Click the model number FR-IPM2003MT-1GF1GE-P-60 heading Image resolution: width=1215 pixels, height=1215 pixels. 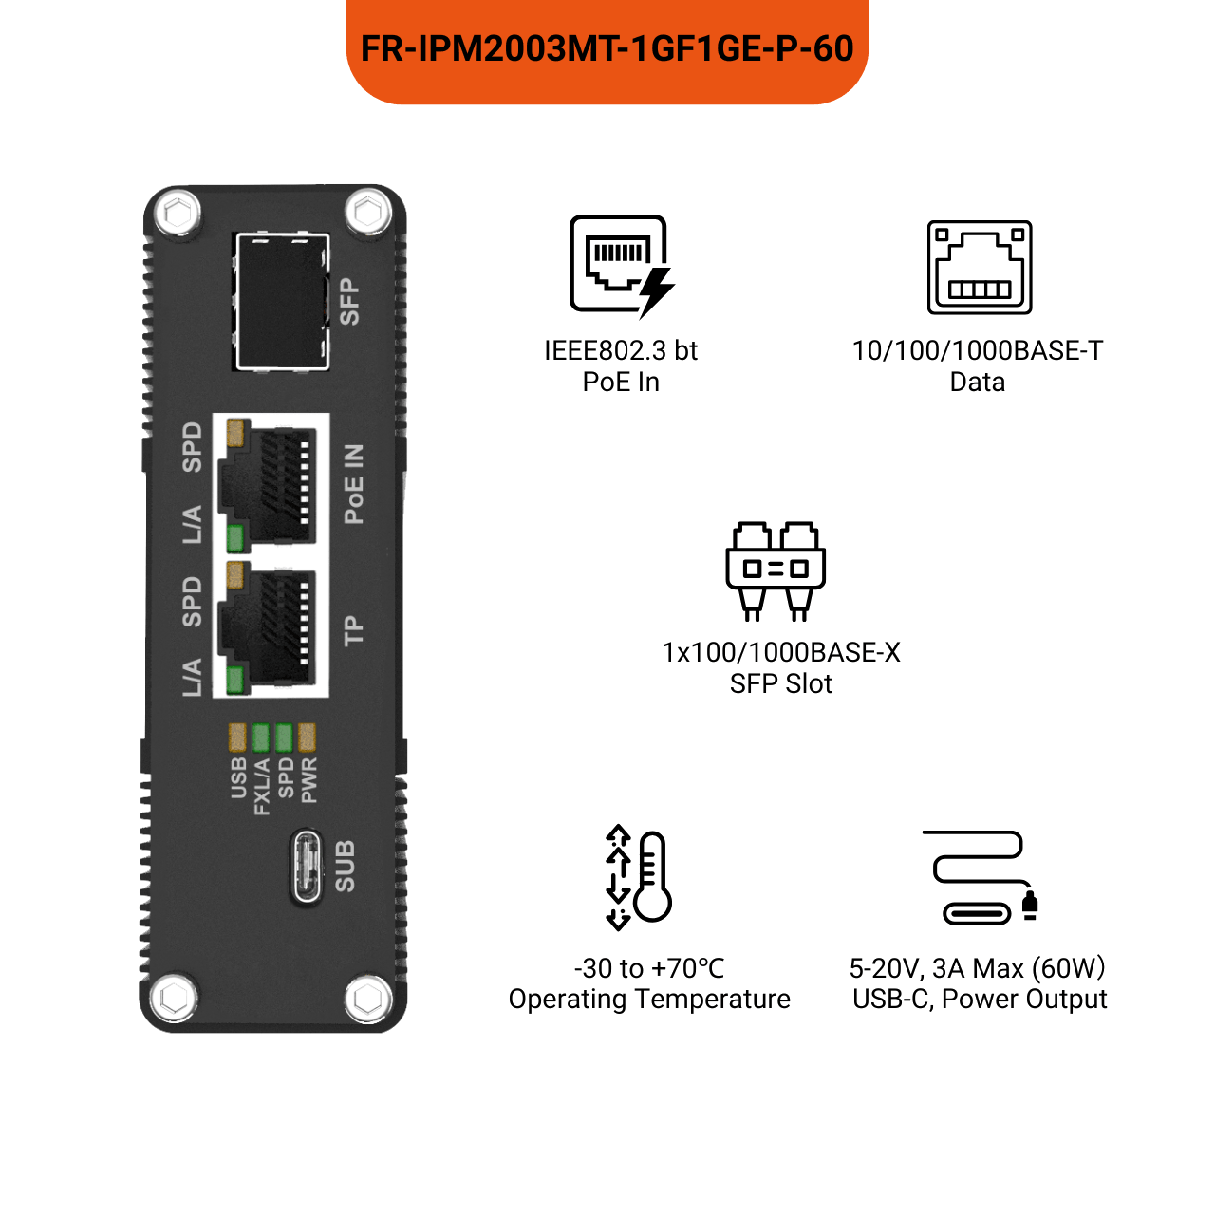click(x=607, y=48)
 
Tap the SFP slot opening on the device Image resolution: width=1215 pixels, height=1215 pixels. click(x=282, y=302)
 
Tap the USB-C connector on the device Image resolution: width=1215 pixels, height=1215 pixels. click(x=307, y=866)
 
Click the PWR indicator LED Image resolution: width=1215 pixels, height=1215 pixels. click(x=307, y=738)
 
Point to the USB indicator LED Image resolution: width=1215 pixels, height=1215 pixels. click(x=237, y=738)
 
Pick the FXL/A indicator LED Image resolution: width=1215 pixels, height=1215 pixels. click(x=260, y=738)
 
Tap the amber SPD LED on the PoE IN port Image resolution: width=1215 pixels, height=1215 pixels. click(x=235, y=433)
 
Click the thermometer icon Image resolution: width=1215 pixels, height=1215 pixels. click(x=652, y=877)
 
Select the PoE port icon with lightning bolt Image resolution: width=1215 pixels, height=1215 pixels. click(x=622, y=266)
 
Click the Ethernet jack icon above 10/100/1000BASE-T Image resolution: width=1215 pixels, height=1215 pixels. click(x=980, y=267)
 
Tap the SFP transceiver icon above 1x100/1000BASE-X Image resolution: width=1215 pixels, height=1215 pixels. click(x=775, y=570)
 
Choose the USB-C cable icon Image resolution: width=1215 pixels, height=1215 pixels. click(x=981, y=877)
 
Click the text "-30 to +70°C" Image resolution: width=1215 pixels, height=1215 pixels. click(x=649, y=968)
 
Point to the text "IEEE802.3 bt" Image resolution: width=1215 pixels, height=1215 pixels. click(x=621, y=350)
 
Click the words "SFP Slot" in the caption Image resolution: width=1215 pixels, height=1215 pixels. click(x=780, y=683)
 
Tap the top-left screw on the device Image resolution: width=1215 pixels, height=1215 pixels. click(x=178, y=213)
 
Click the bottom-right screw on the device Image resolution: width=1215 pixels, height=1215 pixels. click(x=369, y=998)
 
